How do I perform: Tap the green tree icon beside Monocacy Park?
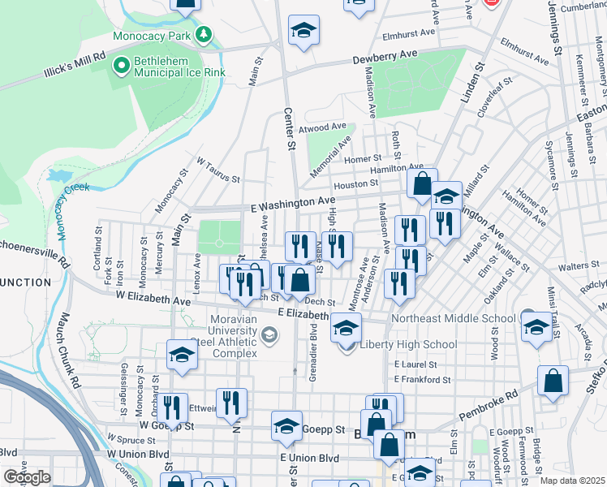click(203, 35)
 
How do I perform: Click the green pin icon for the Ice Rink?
click(121, 63)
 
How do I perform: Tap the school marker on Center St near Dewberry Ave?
click(304, 31)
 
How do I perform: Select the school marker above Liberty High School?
click(346, 330)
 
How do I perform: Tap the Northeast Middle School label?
click(453, 318)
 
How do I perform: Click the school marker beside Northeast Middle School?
click(536, 327)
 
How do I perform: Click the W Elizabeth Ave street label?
click(153, 300)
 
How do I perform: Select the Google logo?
click(27, 477)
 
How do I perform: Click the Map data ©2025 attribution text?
click(571, 481)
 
